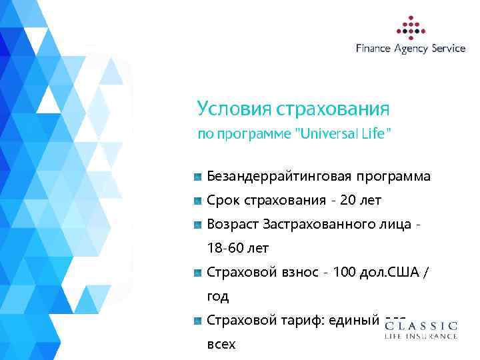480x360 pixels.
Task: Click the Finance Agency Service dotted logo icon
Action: pyautogui.click(x=411, y=26)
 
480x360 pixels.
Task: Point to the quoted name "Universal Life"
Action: pyautogui.click(x=343, y=133)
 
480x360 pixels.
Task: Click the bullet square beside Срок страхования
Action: pyautogui.click(x=197, y=200)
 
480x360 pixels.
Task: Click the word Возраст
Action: pyautogui.click(x=233, y=224)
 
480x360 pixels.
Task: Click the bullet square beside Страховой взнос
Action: pyautogui.click(x=197, y=272)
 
